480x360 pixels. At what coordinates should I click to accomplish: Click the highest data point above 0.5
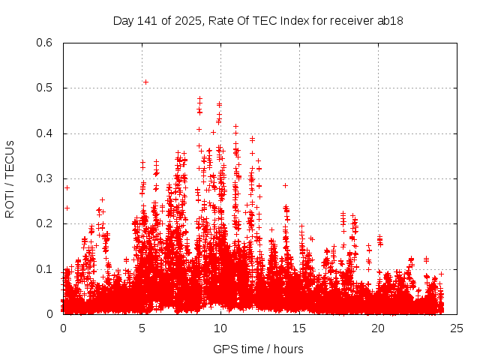click(145, 82)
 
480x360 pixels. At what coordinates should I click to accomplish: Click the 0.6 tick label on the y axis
click(46, 43)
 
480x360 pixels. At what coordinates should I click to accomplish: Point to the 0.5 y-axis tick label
click(46, 88)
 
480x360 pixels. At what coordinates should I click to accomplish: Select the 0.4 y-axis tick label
click(46, 133)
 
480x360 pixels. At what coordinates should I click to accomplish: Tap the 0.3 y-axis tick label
click(46, 178)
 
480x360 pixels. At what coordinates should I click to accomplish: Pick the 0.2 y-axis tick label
click(46, 224)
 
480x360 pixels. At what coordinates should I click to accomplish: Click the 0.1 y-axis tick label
click(46, 269)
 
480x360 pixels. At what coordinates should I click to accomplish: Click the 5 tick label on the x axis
click(142, 328)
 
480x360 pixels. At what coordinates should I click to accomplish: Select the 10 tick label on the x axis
click(220, 328)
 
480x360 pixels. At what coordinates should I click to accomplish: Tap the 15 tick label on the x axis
click(299, 328)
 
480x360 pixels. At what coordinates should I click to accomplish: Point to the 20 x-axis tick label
click(378, 328)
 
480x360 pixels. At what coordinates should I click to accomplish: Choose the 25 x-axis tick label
click(457, 328)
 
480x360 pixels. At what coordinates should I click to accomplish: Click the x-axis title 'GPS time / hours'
click(259, 349)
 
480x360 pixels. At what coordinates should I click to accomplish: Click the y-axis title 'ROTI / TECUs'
click(10, 178)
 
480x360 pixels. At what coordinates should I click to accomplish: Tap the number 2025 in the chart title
click(187, 21)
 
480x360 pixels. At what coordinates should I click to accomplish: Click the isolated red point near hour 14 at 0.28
click(285, 185)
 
